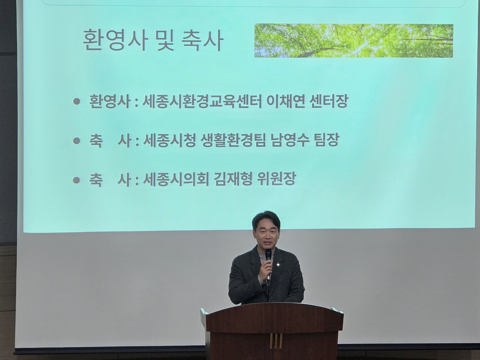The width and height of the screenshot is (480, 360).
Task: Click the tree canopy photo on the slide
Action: [353, 41]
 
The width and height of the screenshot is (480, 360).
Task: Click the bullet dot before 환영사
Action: [77, 102]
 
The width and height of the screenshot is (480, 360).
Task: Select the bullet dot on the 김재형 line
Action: [77, 179]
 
